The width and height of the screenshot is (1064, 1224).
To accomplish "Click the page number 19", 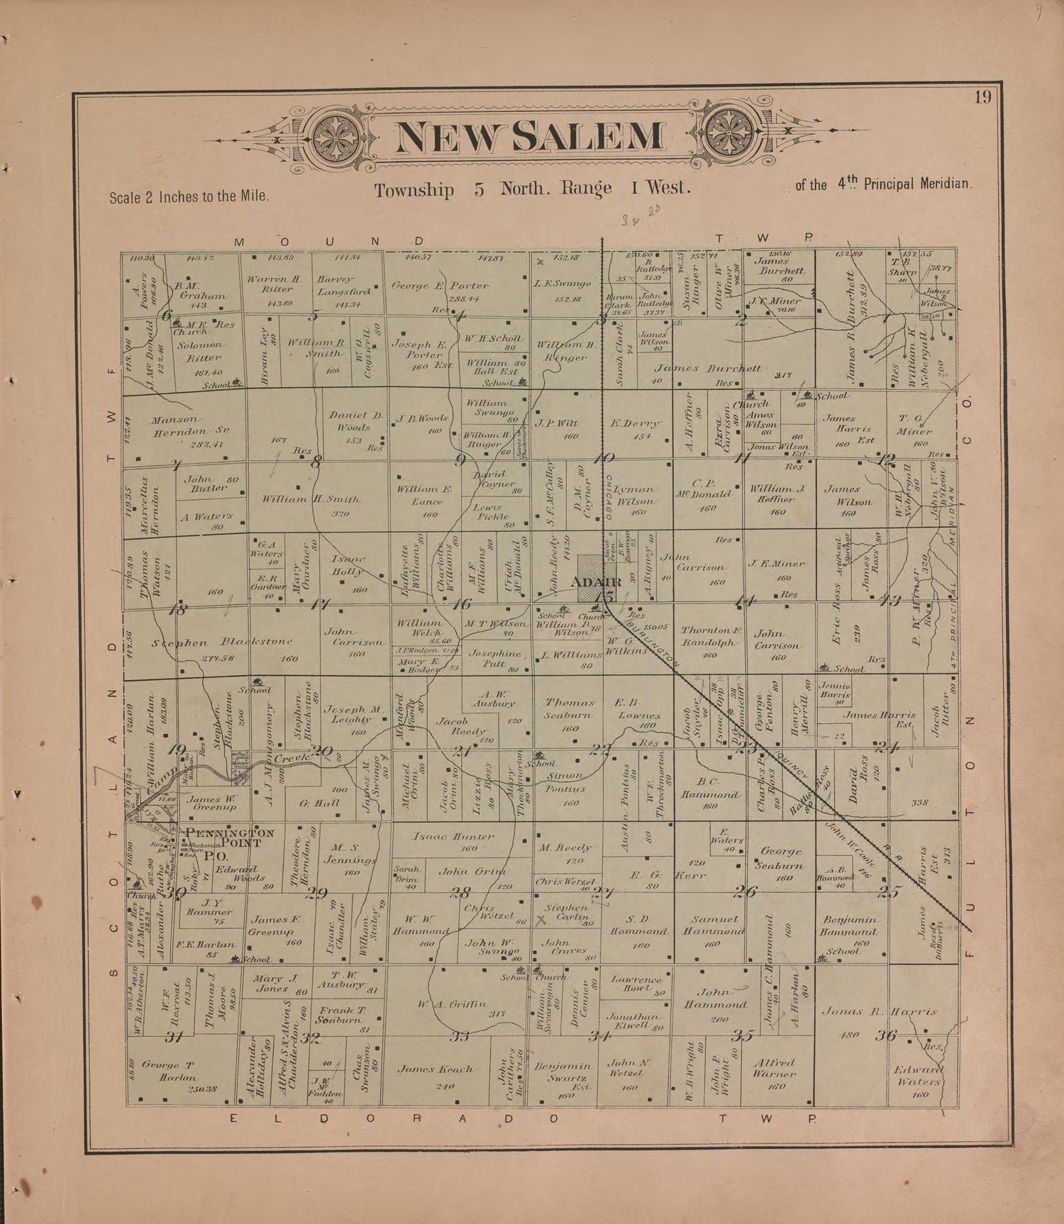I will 982,97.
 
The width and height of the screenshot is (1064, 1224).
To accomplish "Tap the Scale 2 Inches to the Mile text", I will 189,196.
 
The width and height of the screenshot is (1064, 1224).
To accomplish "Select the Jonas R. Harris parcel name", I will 880,1011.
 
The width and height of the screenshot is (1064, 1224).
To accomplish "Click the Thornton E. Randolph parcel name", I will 711,635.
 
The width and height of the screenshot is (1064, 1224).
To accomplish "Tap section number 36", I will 886,1035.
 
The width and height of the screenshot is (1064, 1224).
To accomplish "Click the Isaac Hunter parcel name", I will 453,837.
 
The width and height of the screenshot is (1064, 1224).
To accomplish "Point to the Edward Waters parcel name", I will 919,1076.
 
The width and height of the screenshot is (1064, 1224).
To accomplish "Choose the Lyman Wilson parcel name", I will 636,495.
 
